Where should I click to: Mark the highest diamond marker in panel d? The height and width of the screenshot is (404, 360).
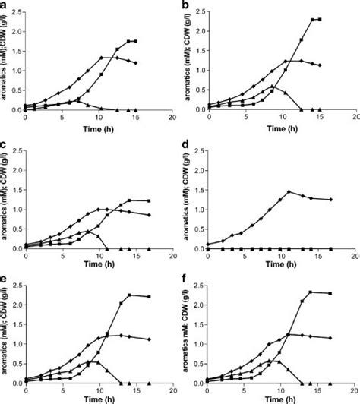pos(289,191)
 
